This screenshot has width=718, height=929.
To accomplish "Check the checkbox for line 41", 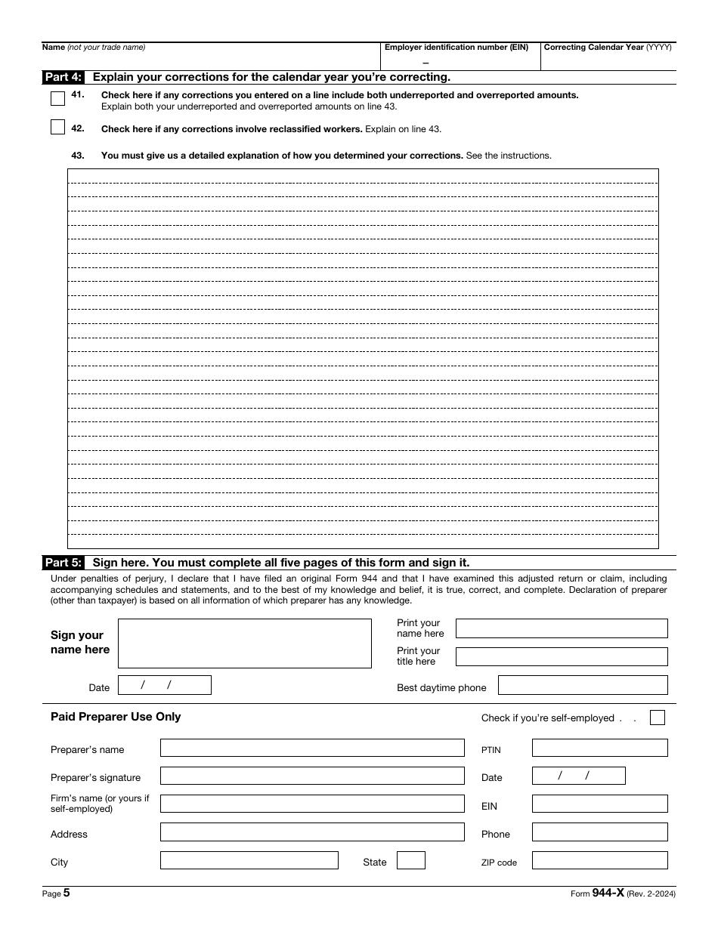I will tap(57, 99).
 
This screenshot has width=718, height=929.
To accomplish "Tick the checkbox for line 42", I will tap(57, 128).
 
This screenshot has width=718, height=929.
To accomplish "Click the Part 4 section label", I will tap(63, 77).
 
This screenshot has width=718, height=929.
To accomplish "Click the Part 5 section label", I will tap(63, 563).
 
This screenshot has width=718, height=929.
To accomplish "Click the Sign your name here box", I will tap(245, 644).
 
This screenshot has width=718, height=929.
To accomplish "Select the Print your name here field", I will tap(562, 628).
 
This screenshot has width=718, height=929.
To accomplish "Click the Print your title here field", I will tap(562, 656).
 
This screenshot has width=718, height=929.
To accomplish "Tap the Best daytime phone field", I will tap(583, 685).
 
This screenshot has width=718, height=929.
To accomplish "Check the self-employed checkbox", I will tap(658, 718).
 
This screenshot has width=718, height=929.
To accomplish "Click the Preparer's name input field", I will tap(312, 748).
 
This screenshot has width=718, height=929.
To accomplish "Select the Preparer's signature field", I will tap(312, 776).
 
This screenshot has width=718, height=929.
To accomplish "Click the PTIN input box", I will tap(599, 748).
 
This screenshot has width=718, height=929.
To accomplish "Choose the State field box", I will tap(411, 860).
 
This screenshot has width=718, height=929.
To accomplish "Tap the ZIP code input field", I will tap(599, 860).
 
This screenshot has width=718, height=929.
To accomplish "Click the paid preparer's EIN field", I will tap(599, 804).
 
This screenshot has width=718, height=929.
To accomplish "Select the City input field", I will tap(249, 860).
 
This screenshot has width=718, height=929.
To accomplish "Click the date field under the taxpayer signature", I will tap(165, 685).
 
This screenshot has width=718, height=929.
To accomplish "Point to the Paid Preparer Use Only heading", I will tap(116, 717).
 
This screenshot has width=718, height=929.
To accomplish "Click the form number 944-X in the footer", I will tap(608, 893).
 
